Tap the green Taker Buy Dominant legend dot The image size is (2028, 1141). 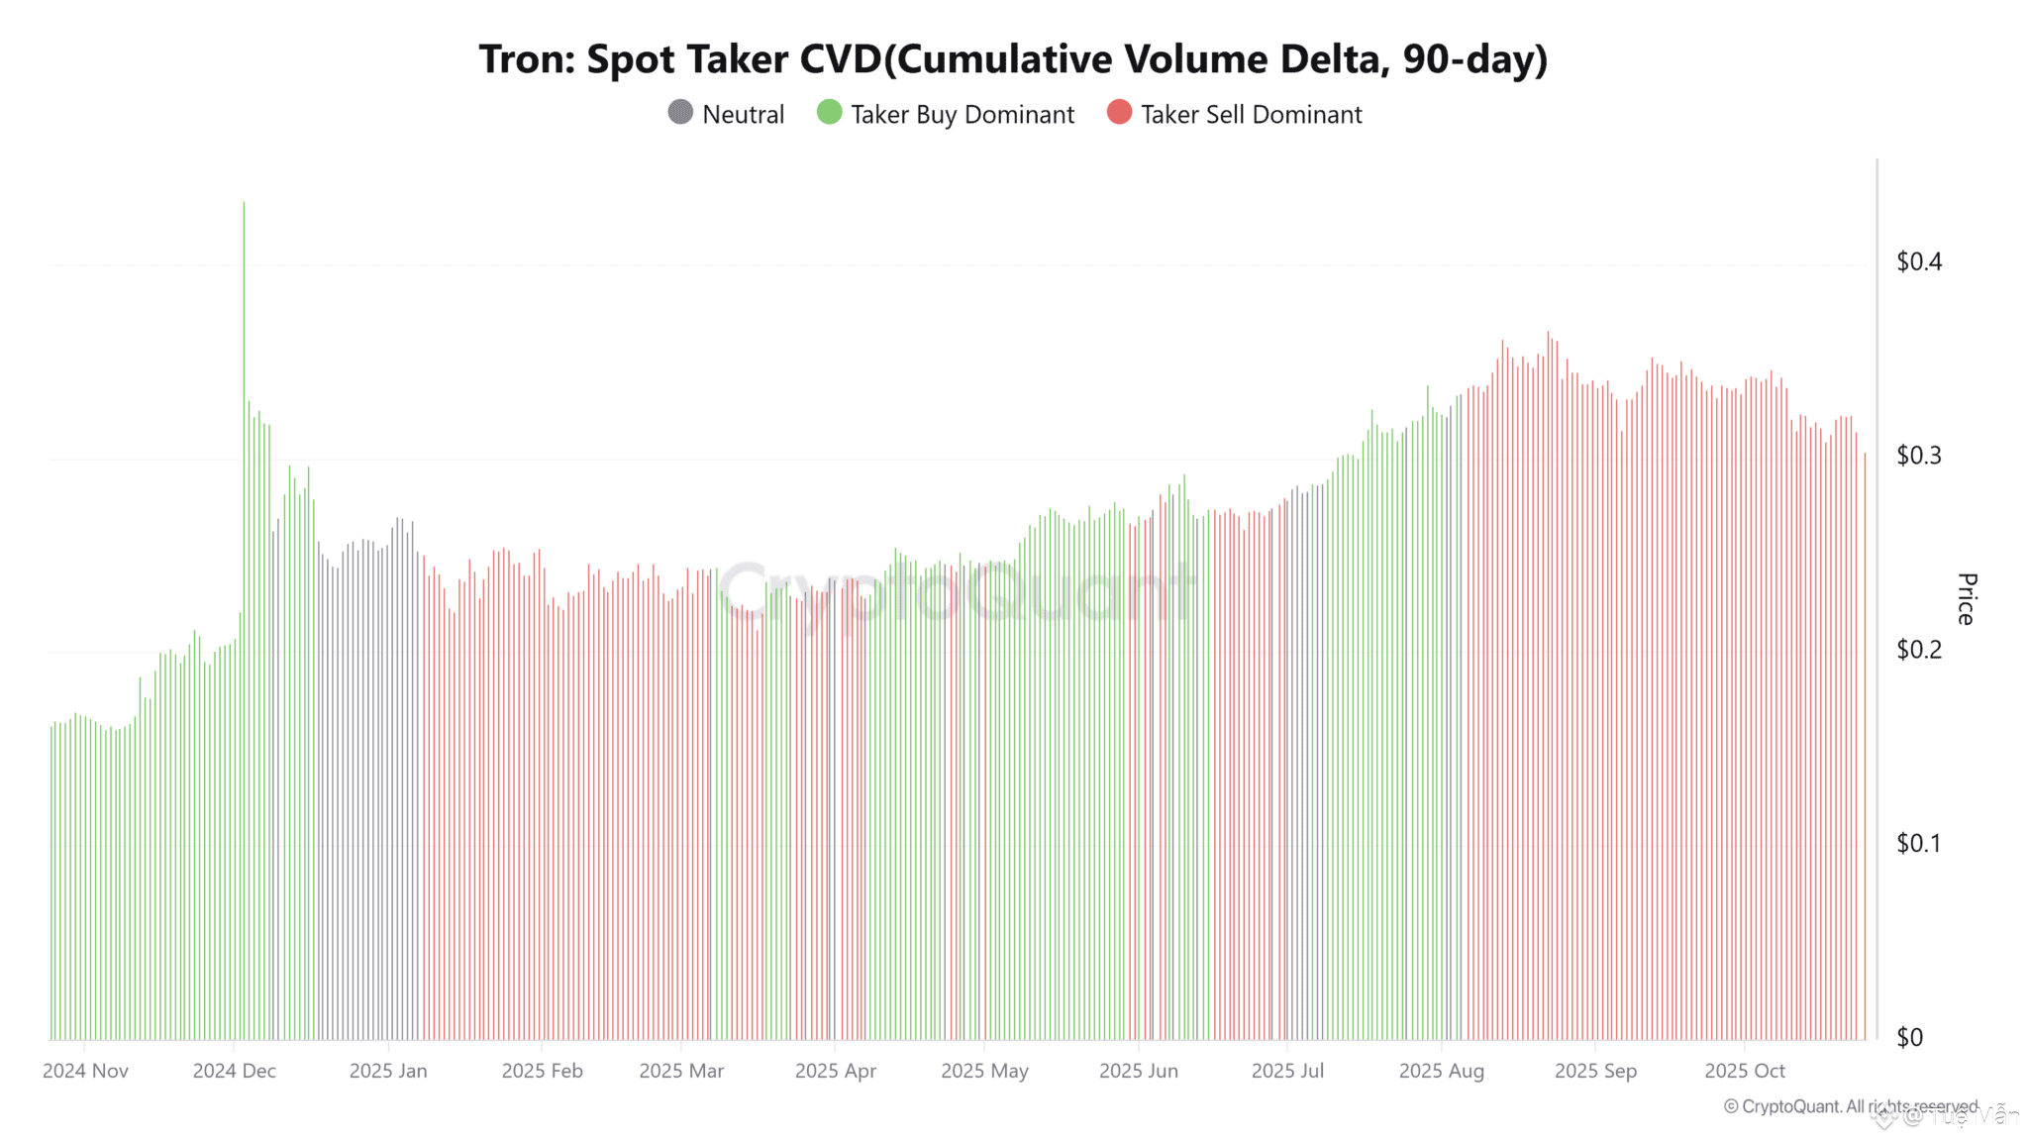coord(829,113)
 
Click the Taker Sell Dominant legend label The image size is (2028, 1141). coord(1251,115)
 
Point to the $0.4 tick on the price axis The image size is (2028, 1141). coord(1918,261)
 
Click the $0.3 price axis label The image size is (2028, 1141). coord(1918,456)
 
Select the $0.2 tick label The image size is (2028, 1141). coord(1918,650)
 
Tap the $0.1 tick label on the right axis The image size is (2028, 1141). coord(1918,843)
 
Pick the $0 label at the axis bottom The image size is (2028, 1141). coord(1909,1037)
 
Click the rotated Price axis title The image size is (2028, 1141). coord(1967,598)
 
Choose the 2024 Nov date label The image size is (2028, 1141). coord(85,1071)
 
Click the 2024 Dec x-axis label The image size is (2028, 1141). coord(234,1071)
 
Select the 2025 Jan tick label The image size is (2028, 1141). coord(388,1071)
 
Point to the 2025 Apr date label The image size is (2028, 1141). coord(835,1071)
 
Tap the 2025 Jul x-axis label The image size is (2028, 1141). coord(1287,1071)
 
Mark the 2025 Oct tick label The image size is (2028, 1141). coord(1744,1071)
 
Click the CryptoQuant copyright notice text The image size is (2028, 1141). coord(1850,1106)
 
